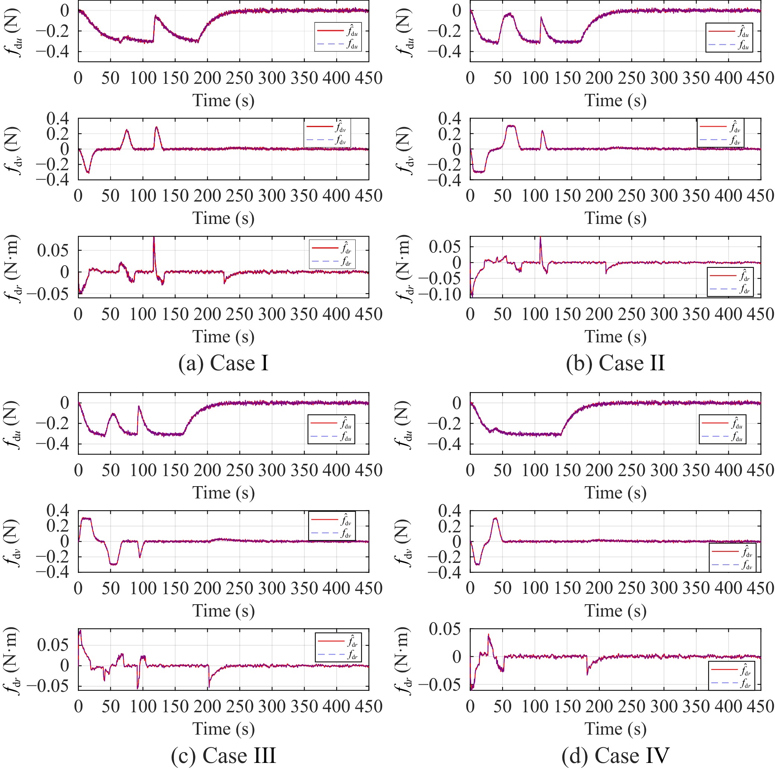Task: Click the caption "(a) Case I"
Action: (x=223, y=363)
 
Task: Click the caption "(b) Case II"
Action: (x=615, y=363)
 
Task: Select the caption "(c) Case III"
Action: (x=223, y=755)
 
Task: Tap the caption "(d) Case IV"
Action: (x=615, y=755)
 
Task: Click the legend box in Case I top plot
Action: (x=338, y=37)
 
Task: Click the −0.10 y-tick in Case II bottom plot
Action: (x=444, y=295)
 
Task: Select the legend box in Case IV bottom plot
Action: (x=732, y=675)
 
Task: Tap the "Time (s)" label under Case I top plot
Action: (x=223, y=100)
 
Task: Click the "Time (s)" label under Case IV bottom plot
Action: (x=615, y=728)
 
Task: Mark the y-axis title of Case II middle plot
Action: (x=404, y=151)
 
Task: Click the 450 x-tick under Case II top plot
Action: (x=760, y=78)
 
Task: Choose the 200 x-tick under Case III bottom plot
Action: (x=207, y=706)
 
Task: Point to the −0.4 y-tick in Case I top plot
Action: (x=53, y=52)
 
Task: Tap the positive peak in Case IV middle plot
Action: (x=495, y=519)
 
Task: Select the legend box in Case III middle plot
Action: (x=332, y=526)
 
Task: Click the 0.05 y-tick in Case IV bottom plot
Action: (x=444, y=629)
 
